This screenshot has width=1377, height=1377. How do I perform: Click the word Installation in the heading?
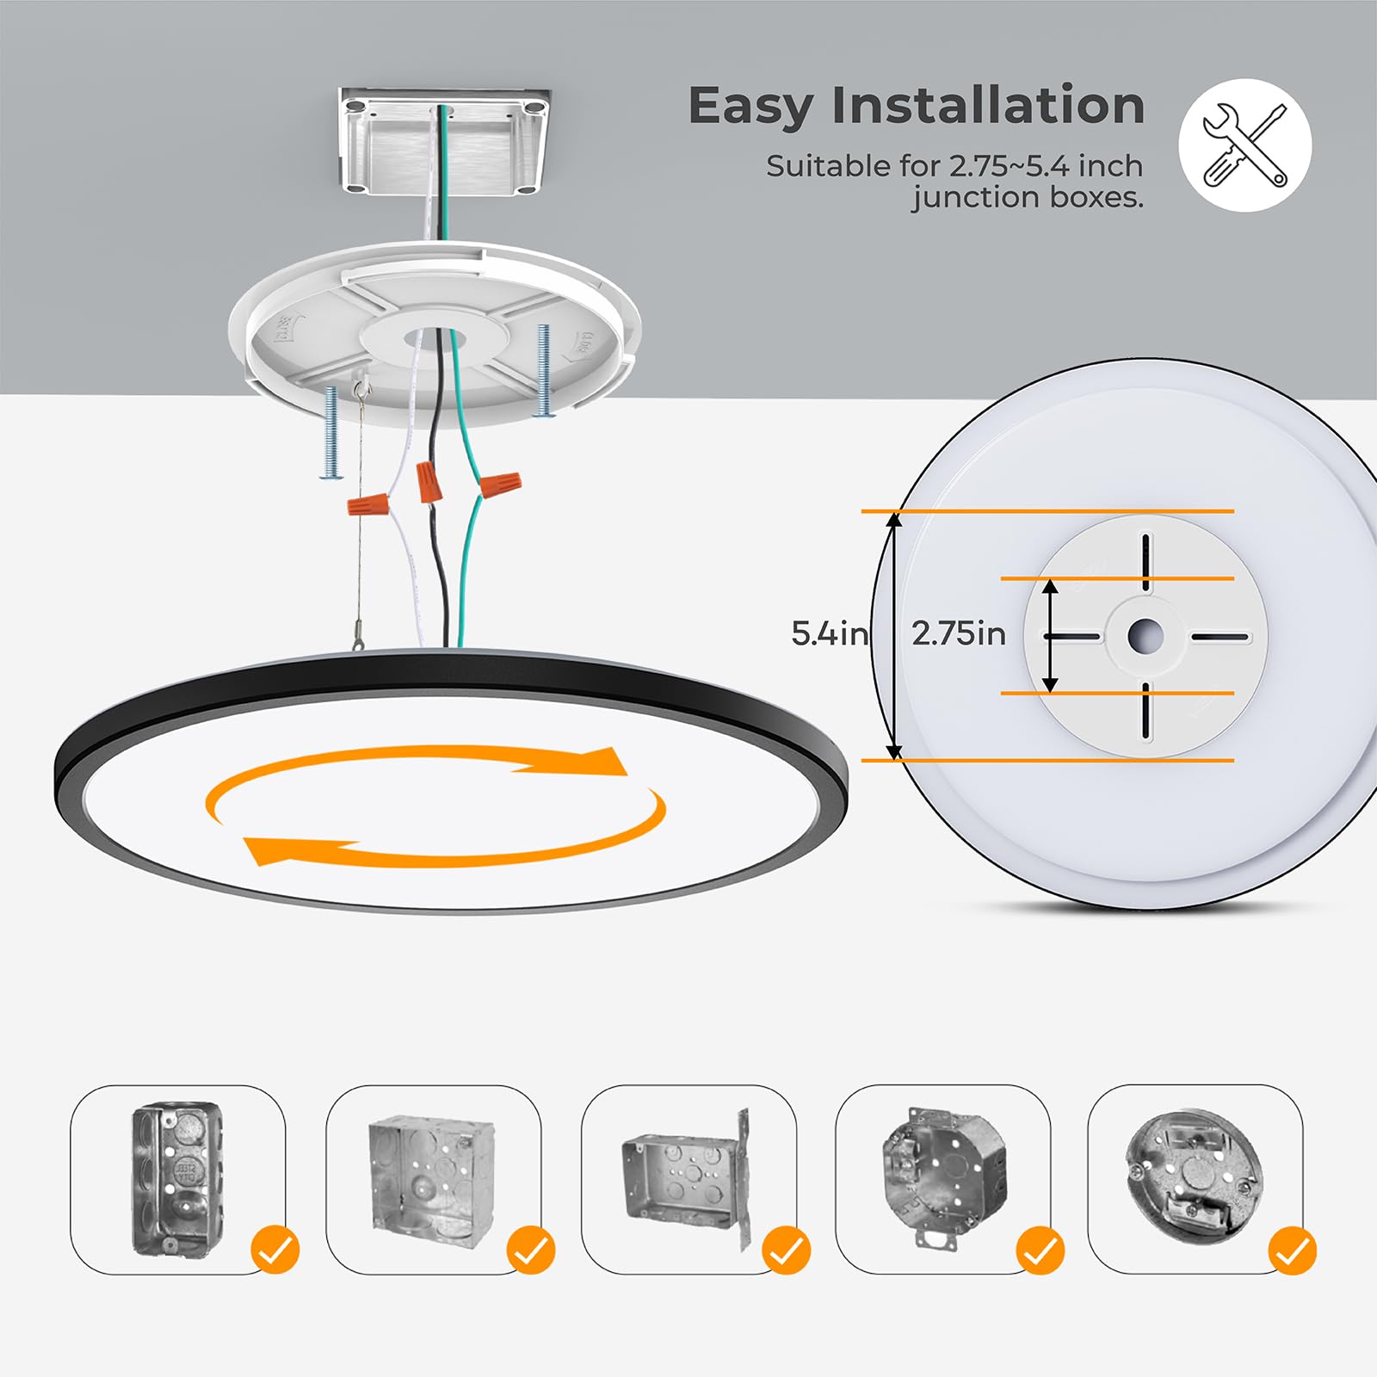coord(987,106)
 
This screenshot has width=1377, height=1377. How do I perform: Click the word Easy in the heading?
coord(750,108)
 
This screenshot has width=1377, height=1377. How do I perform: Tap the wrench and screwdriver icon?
coord(1244,145)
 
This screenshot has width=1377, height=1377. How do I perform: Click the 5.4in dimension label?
coord(829,634)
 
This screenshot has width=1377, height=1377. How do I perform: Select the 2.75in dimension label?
coord(958,634)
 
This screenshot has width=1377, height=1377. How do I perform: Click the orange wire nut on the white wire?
coord(368,503)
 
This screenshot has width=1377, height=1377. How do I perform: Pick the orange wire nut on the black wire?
coord(429,482)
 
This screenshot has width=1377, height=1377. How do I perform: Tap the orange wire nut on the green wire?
coord(500,485)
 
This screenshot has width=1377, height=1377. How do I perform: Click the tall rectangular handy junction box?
coord(176,1178)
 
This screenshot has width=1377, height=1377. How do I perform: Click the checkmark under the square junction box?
coord(530,1250)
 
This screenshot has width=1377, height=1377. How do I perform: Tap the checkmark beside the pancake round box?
coord(1292,1250)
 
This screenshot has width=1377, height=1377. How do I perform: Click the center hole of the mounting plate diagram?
coord(1145,637)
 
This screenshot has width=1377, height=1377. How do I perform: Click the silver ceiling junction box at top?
coord(444,141)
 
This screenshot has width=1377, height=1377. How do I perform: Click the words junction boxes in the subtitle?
coord(1028,198)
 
